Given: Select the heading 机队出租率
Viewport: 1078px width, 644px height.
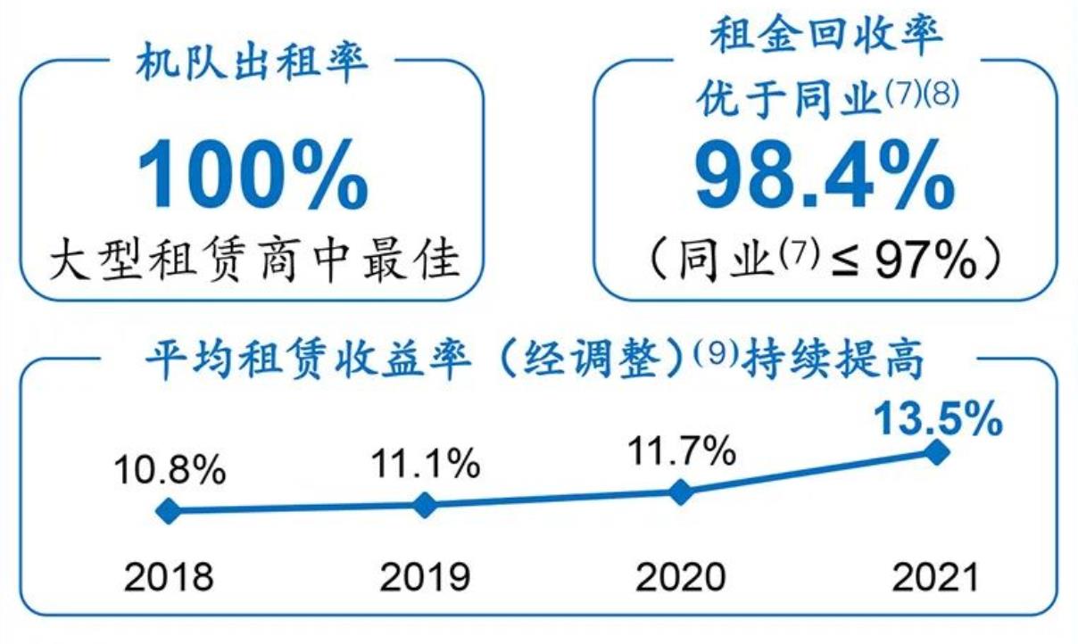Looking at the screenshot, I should click(253, 65).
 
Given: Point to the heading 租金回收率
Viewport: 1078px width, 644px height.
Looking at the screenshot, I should click(826, 39).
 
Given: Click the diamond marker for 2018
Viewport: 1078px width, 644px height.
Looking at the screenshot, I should click(168, 511).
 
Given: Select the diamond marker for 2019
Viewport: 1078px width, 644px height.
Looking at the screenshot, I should click(426, 506).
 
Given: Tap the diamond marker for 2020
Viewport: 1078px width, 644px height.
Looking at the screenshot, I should click(681, 491).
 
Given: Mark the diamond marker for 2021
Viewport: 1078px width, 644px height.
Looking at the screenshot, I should click(936, 452).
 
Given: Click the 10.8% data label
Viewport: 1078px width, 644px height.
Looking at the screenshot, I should click(169, 470).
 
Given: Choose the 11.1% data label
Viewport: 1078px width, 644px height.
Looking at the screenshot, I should click(426, 464).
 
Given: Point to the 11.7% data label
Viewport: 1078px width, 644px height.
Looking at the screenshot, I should click(680, 451).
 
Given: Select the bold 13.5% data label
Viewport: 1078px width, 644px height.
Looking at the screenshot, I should click(936, 419).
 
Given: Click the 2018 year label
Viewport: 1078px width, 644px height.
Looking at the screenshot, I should click(169, 577).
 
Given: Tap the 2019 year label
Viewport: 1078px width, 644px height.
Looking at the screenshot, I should click(426, 577).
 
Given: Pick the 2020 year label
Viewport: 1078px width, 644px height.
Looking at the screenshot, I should click(680, 577).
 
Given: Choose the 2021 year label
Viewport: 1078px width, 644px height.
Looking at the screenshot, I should click(936, 577).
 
